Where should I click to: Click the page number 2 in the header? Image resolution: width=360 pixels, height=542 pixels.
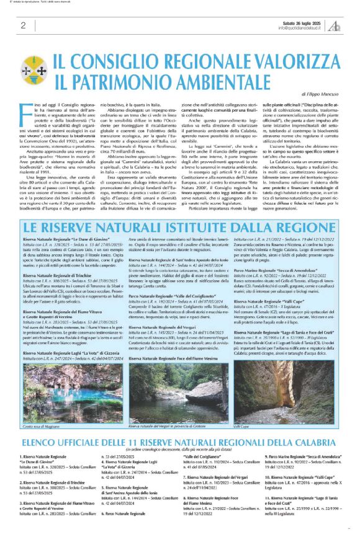23,25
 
